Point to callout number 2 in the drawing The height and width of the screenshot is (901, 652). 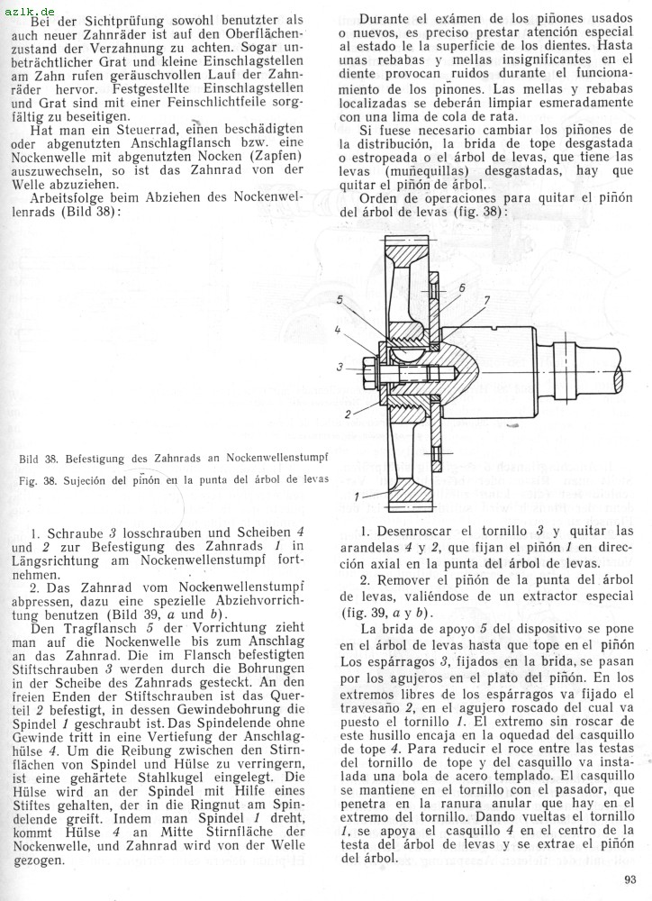click(346, 414)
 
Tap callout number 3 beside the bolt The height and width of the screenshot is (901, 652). click(340, 367)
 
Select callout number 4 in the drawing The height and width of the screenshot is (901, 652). click(338, 330)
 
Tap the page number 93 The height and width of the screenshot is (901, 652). click(629, 881)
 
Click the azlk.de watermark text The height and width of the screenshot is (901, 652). click(26, 7)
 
